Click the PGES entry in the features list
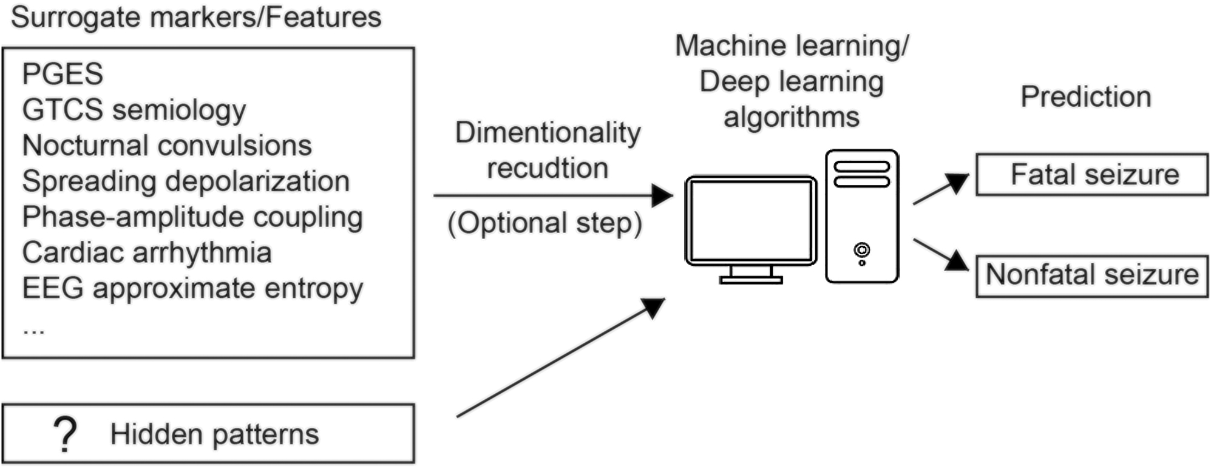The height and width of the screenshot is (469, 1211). [63, 74]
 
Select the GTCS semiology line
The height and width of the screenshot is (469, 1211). [134, 110]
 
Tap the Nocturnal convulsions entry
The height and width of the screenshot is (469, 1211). [167, 146]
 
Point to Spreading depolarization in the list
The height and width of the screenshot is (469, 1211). [186, 181]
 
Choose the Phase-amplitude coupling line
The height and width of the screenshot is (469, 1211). [192, 217]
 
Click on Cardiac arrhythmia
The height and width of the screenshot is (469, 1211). [147, 252]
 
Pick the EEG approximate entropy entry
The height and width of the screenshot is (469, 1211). [192, 289]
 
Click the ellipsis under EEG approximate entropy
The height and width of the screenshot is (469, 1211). [33, 331]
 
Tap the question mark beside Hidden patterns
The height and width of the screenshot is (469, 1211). [65, 434]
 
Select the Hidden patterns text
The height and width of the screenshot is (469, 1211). [214, 434]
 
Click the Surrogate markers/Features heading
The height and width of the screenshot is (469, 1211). [196, 17]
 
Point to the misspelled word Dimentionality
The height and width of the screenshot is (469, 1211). [548, 132]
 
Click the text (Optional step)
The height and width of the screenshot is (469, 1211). [544, 223]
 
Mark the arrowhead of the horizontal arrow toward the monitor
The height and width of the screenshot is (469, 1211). [662, 195]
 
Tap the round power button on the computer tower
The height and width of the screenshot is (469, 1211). [861, 249]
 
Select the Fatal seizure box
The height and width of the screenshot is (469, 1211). [1091, 175]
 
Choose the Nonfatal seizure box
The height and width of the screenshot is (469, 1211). [1091, 275]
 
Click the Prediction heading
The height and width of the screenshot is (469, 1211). [1085, 97]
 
